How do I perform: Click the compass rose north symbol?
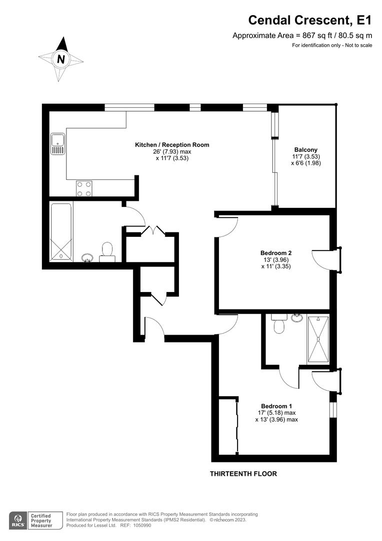(61, 59)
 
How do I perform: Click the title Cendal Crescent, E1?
(310, 20)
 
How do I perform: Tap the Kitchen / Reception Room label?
(172, 145)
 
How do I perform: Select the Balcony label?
(305, 150)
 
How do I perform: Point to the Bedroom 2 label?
(276, 253)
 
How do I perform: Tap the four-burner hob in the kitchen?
(84, 188)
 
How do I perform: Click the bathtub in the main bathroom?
(61, 231)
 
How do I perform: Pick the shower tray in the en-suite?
(318, 339)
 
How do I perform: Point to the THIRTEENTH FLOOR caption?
(243, 473)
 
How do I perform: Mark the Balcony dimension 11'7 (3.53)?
(305, 156)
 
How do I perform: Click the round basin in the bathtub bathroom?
(87, 258)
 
